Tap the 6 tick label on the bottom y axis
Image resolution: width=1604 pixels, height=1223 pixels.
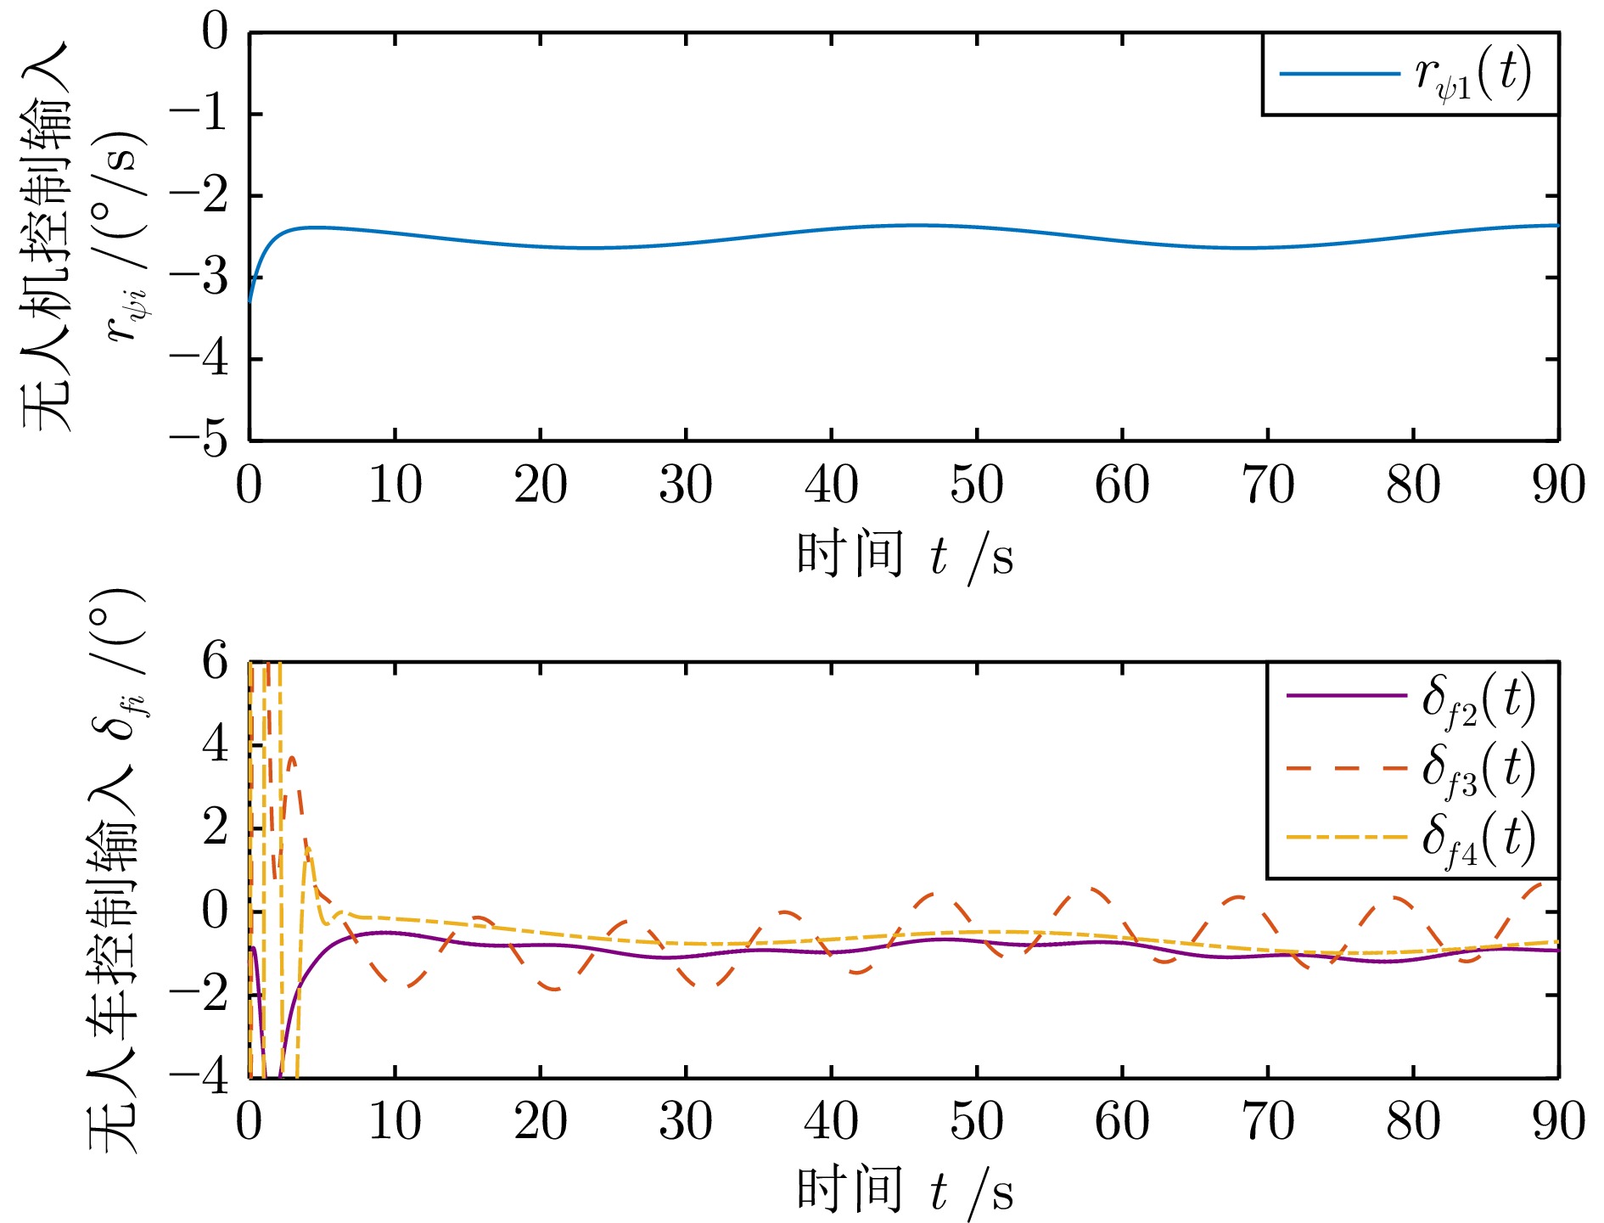point(216,661)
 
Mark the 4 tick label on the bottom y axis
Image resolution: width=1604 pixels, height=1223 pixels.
point(216,744)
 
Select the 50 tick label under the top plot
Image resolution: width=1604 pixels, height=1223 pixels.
point(977,485)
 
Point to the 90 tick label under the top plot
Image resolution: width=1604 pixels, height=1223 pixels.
point(1558,485)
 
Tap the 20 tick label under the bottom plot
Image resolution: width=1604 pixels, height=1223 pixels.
point(541,1122)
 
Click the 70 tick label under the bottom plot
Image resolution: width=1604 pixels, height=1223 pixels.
point(1268,1122)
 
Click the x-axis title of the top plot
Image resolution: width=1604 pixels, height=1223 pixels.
point(905,556)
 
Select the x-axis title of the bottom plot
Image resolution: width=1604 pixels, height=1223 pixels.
point(905,1191)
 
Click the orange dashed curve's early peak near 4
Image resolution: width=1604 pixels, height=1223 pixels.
point(292,758)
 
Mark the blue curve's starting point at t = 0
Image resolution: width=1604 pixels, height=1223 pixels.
point(250,301)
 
